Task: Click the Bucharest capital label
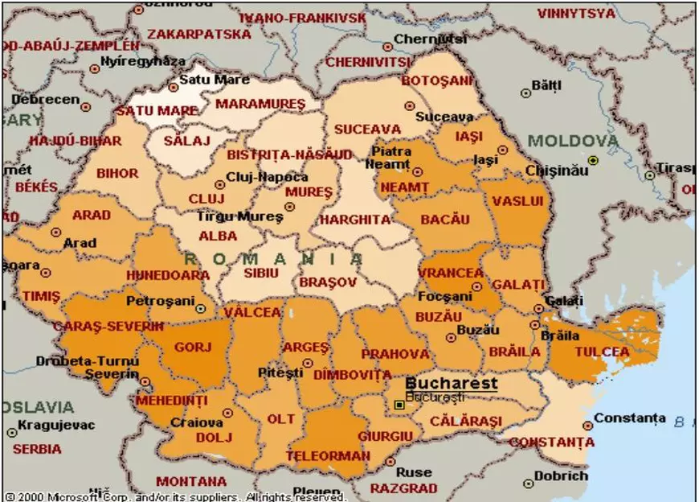(451, 384)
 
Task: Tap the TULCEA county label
(602, 352)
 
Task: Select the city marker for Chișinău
(593, 160)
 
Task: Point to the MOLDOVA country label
(574, 142)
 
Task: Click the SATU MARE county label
(156, 110)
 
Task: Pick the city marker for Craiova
(227, 413)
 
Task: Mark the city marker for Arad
(56, 232)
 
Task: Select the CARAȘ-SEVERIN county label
(108, 326)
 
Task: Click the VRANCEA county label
(452, 273)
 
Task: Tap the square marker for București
(399, 405)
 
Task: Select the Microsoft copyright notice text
(177, 496)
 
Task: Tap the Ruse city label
(414, 472)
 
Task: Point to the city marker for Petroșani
(201, 307)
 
